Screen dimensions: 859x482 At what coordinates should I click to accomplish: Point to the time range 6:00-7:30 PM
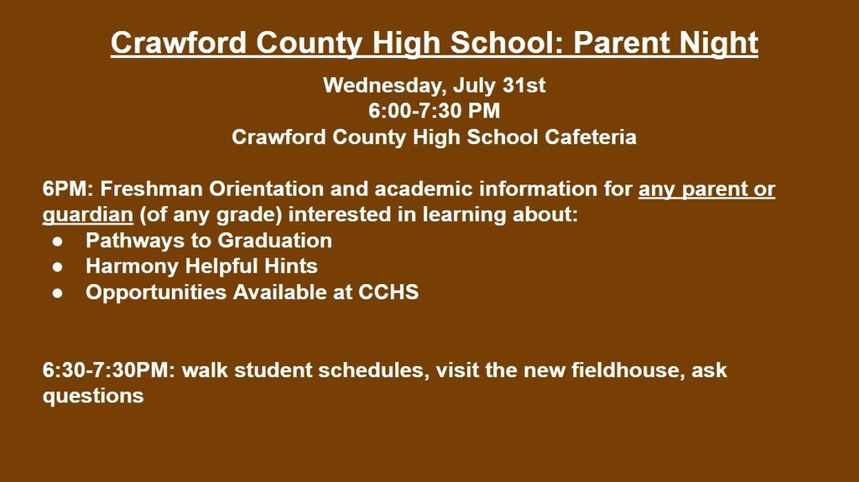coord(434,111)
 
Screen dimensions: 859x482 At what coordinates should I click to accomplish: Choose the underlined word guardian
coord(87,215)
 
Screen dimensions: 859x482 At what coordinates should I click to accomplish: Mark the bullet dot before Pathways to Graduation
coord(58,241)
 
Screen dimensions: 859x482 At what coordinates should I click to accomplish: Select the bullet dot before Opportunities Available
coord(58,293)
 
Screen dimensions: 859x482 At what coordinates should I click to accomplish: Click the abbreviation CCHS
coord(388,292)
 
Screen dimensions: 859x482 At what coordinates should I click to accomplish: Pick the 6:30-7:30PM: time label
coord(109,371)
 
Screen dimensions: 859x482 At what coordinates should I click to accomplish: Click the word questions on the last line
coord(93,396)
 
